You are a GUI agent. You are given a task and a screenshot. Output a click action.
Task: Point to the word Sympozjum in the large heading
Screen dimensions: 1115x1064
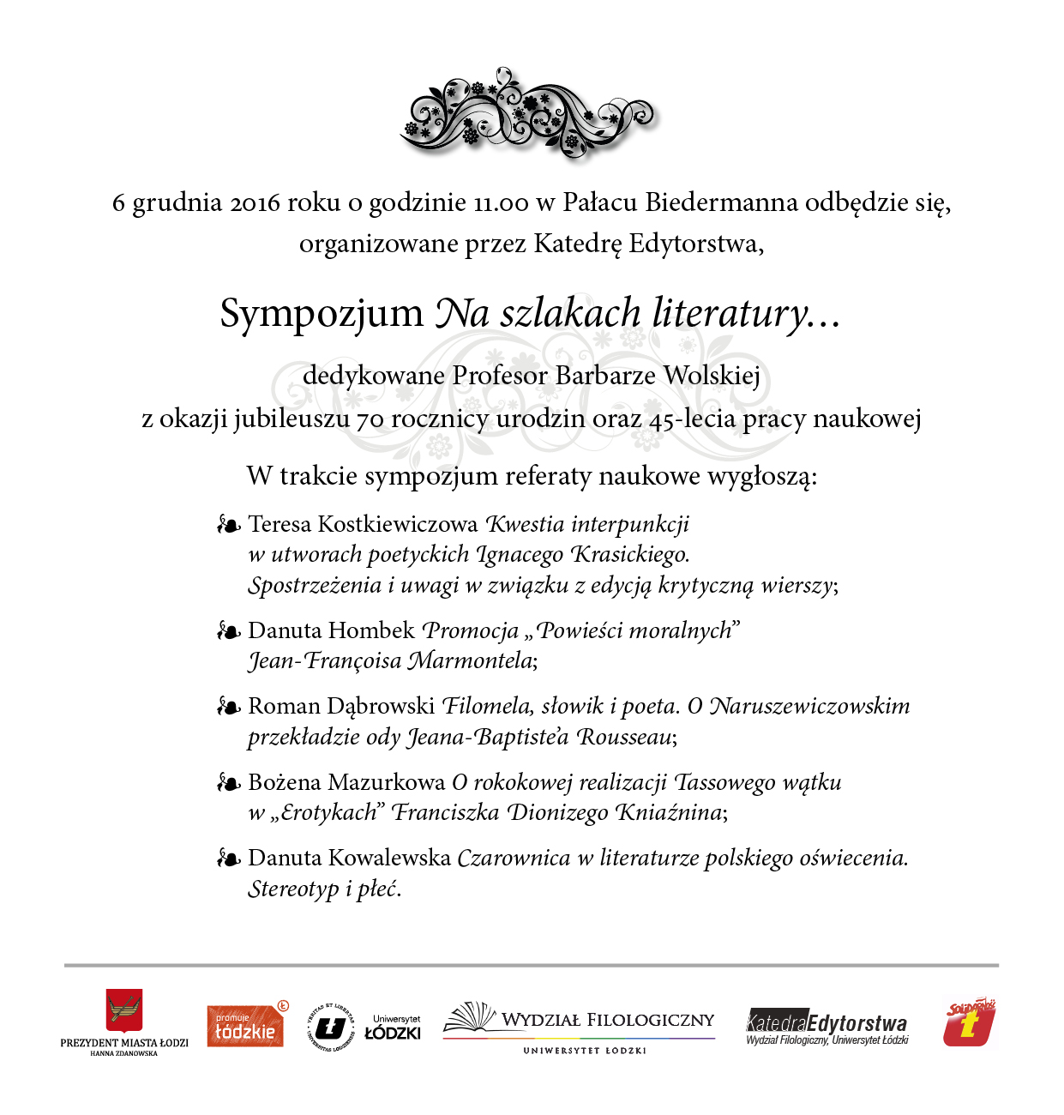click(322, 313)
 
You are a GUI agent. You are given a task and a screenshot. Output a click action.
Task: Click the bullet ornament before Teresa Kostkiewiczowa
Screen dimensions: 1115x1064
click(228, 524)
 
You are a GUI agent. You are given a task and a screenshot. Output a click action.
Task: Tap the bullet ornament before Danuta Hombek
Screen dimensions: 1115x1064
click(228, 631)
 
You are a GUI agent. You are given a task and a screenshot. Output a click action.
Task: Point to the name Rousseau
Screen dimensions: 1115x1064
click(625, 737)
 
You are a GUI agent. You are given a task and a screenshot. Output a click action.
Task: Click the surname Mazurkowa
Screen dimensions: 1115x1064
click(386, 782)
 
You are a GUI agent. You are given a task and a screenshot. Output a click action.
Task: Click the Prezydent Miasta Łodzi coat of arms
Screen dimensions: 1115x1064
click(124, 1010)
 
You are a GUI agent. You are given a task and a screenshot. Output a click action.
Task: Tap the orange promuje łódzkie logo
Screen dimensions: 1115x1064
click(246, 1025)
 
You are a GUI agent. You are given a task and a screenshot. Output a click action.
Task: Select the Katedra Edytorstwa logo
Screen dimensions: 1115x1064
click(827, 1026)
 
